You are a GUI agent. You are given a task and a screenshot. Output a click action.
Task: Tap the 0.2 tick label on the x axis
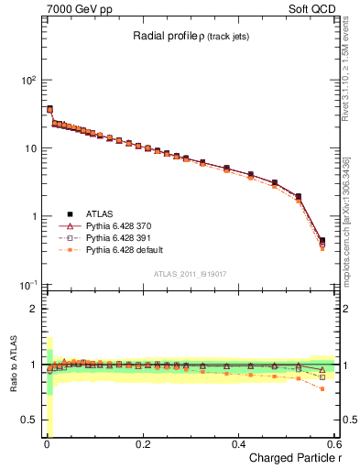tap(142, 444)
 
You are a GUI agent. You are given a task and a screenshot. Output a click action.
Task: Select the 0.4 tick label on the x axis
tap(238, 444)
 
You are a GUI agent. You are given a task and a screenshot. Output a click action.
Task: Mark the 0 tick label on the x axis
tap(47, 444)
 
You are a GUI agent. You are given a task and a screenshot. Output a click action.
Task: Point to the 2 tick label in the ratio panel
tap(34, 309)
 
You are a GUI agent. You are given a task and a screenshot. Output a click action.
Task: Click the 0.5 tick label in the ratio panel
tap(29, 420)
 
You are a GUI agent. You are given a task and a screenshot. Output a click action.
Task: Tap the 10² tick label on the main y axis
tap(28, 81)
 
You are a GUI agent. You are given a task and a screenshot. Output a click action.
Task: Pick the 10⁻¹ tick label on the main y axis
tap(28, 285)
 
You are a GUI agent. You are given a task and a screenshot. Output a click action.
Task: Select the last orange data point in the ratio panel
tap(322, 389)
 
